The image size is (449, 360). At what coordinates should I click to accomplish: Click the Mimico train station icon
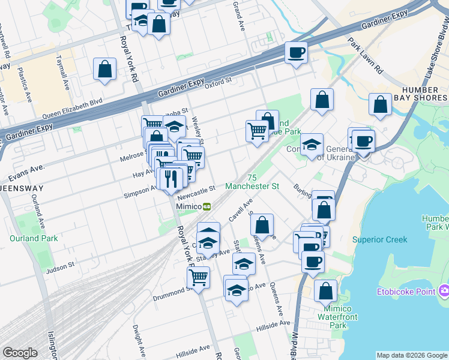click(207, 206)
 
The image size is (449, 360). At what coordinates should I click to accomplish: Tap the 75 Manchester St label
click(252, 182)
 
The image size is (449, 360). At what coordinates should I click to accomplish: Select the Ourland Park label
click(34, 238)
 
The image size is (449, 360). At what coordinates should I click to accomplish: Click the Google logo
click(20, 353)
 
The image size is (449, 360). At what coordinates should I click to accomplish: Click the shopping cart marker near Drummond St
click(198, 277)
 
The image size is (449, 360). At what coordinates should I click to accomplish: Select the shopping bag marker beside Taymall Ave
click(105, 68)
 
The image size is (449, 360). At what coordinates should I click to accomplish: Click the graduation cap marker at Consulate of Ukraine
click(312, 145)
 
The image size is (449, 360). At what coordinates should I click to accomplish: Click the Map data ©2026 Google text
click(411, 355)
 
